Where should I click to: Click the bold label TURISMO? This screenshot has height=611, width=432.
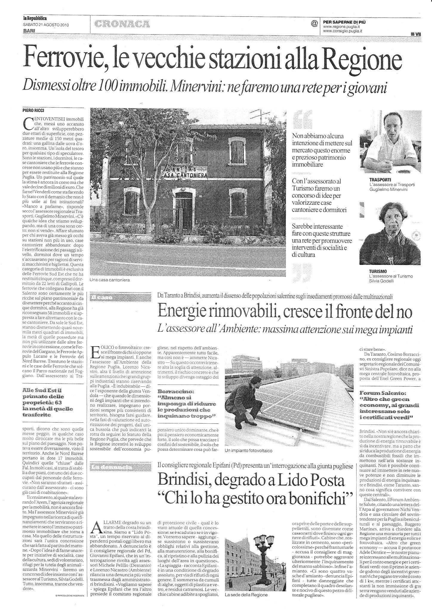[378, 271]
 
